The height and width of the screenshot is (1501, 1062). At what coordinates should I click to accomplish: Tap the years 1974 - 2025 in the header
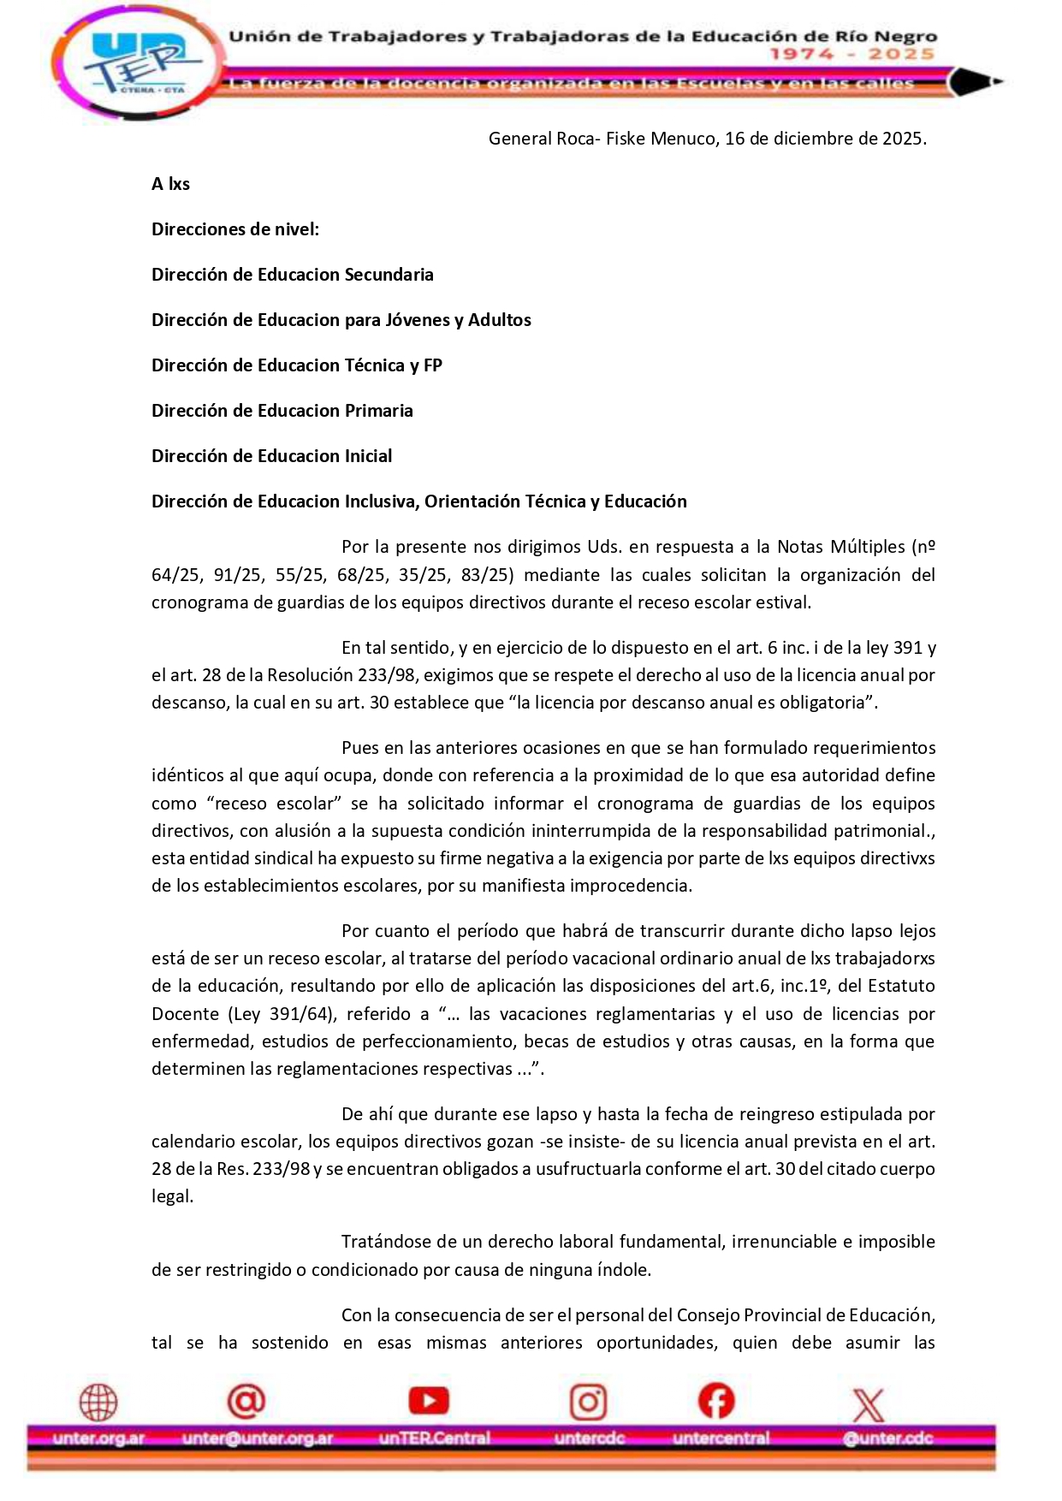851,54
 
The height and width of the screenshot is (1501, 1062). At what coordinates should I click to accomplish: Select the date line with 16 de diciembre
707,139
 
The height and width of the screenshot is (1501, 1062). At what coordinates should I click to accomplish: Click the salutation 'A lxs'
171,184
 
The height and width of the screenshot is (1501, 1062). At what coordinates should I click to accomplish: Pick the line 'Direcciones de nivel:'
235,229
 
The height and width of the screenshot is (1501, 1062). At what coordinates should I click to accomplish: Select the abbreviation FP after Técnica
433,365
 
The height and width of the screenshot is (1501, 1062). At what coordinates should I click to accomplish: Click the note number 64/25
175,575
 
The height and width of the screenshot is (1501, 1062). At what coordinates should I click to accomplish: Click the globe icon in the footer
98,1403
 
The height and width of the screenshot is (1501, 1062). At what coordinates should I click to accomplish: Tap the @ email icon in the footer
246,1401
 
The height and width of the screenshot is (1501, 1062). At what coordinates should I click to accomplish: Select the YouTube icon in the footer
429,1401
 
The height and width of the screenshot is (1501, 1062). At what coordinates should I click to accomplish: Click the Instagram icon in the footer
589,1403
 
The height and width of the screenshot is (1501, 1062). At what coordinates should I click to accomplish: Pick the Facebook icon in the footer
716,1401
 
